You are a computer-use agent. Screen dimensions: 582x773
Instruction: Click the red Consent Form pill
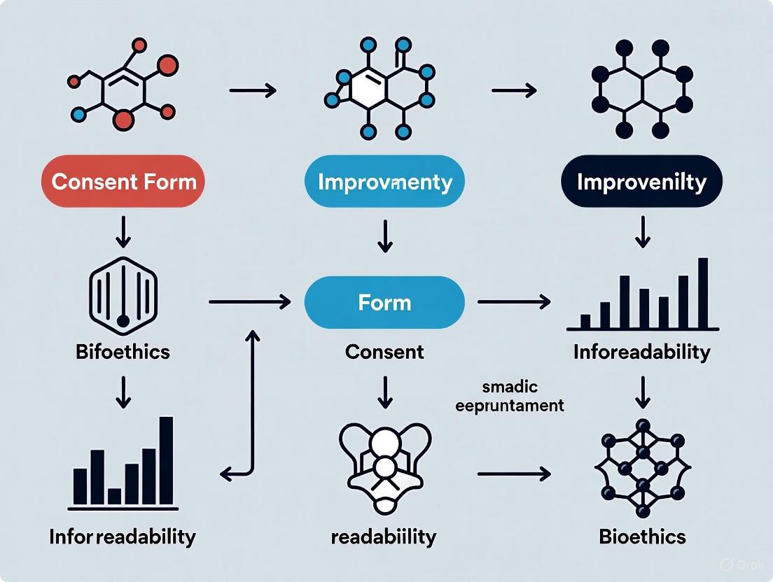(123, 182)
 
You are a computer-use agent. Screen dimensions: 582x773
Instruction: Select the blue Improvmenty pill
(384, 182)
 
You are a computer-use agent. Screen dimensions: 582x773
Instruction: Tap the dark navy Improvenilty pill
(641, 182)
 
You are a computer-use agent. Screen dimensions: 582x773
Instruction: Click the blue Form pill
(384, 302)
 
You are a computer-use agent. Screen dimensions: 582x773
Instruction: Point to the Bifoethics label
(123, 351)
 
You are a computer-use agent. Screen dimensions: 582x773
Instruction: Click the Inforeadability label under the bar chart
(641, 351)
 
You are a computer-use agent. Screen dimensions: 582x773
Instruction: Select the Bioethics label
(642, 537)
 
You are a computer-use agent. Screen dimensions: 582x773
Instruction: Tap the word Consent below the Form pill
(384, 351)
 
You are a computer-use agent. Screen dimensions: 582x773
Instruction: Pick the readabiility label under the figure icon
(384, 537)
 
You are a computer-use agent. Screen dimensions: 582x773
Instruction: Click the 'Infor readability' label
(123, 537)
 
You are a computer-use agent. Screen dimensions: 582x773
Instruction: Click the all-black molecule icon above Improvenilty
(641, 90)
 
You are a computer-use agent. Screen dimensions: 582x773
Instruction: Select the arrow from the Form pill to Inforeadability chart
(513, 302)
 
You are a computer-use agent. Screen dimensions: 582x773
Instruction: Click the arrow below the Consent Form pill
(123, 232)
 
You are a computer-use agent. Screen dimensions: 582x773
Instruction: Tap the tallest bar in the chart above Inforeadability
(703, 293)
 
